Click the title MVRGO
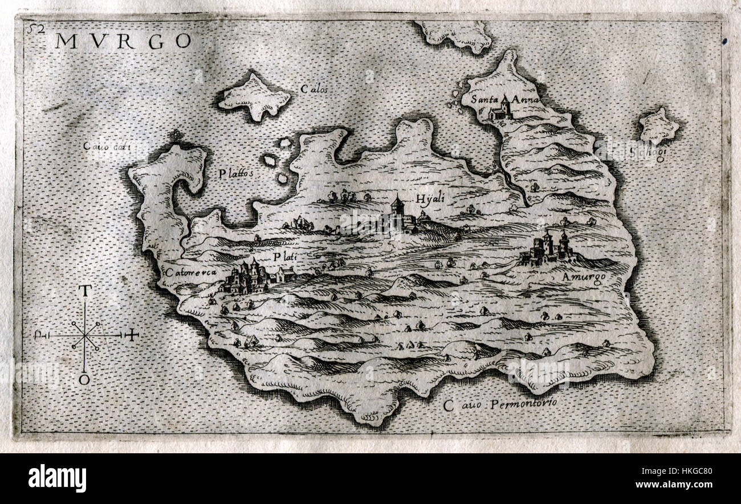coord(123,41)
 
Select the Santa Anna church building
coord(500,111)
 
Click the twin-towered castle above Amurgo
coord(548,248)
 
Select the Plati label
coord(286,257)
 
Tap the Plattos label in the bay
coord(235,173)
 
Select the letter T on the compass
coord(84,291)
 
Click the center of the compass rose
coord(85,336)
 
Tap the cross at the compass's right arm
coord(132,335)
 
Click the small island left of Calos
coord(254,97)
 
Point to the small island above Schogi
coord(658,125)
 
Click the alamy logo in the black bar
coord(57,478)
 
